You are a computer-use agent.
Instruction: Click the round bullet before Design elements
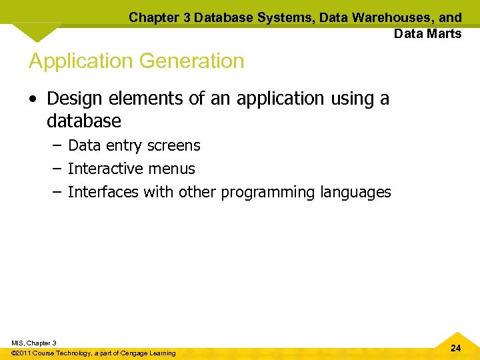34,99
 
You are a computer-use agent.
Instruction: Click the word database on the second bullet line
84,121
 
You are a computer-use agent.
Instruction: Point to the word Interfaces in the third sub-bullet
102,192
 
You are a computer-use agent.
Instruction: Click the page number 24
455,348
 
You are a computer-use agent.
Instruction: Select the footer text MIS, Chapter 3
34,343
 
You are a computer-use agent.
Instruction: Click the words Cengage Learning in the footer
148,353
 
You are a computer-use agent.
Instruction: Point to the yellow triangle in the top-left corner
37,31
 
